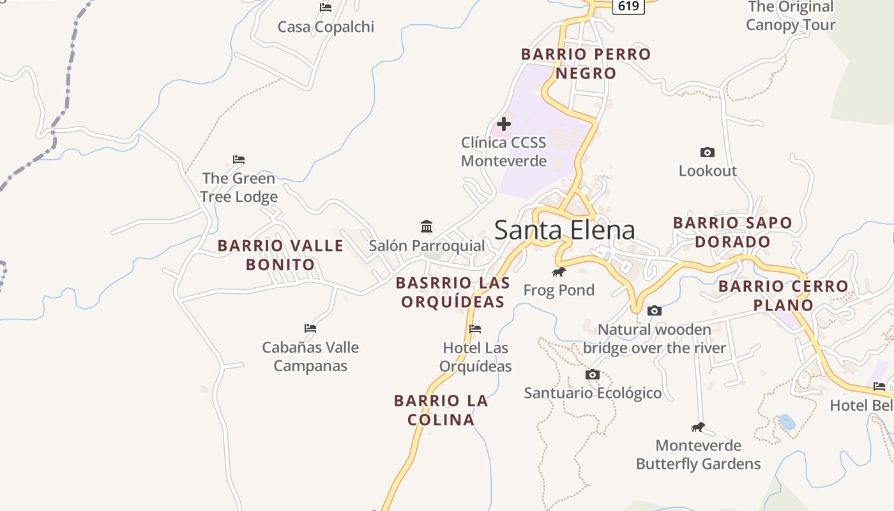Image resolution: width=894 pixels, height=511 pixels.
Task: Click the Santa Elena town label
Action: (564, 230)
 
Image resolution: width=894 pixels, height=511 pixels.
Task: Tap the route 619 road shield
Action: (628, 6)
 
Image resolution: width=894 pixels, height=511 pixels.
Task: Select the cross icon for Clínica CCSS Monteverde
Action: (504, 124)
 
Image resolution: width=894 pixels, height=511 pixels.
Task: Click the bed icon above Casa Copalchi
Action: (326, 8)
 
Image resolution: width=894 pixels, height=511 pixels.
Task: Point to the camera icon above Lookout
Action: (707, 152)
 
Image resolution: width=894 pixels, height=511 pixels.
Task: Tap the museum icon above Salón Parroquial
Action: (427, 226)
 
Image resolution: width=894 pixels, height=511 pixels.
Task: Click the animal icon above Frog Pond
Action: (559, 272)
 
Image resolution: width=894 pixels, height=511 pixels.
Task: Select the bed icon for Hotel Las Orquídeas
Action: (474, 329)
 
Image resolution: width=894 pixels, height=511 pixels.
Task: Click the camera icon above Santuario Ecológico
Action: (593, 374)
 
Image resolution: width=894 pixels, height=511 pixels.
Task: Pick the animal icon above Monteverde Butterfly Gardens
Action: (698, 427)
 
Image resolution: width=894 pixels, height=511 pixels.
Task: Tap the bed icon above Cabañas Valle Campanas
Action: (310, 328)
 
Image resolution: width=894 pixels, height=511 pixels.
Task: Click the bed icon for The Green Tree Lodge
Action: (239, 160)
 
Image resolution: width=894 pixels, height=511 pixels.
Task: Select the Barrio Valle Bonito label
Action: (280, 255)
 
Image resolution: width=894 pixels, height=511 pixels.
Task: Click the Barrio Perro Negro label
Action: (586, 64)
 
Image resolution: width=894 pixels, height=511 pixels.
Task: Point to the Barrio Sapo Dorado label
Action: (732, 233)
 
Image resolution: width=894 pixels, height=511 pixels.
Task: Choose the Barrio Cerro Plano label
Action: (783, 295)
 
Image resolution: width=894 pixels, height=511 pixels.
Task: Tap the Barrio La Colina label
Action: (441, 410)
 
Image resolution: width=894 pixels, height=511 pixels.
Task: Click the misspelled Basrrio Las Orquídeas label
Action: (453, 292)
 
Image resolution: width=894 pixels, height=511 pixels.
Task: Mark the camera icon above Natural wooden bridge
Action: (654, 311)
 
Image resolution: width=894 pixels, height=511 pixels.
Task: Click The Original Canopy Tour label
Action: (791, 16)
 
